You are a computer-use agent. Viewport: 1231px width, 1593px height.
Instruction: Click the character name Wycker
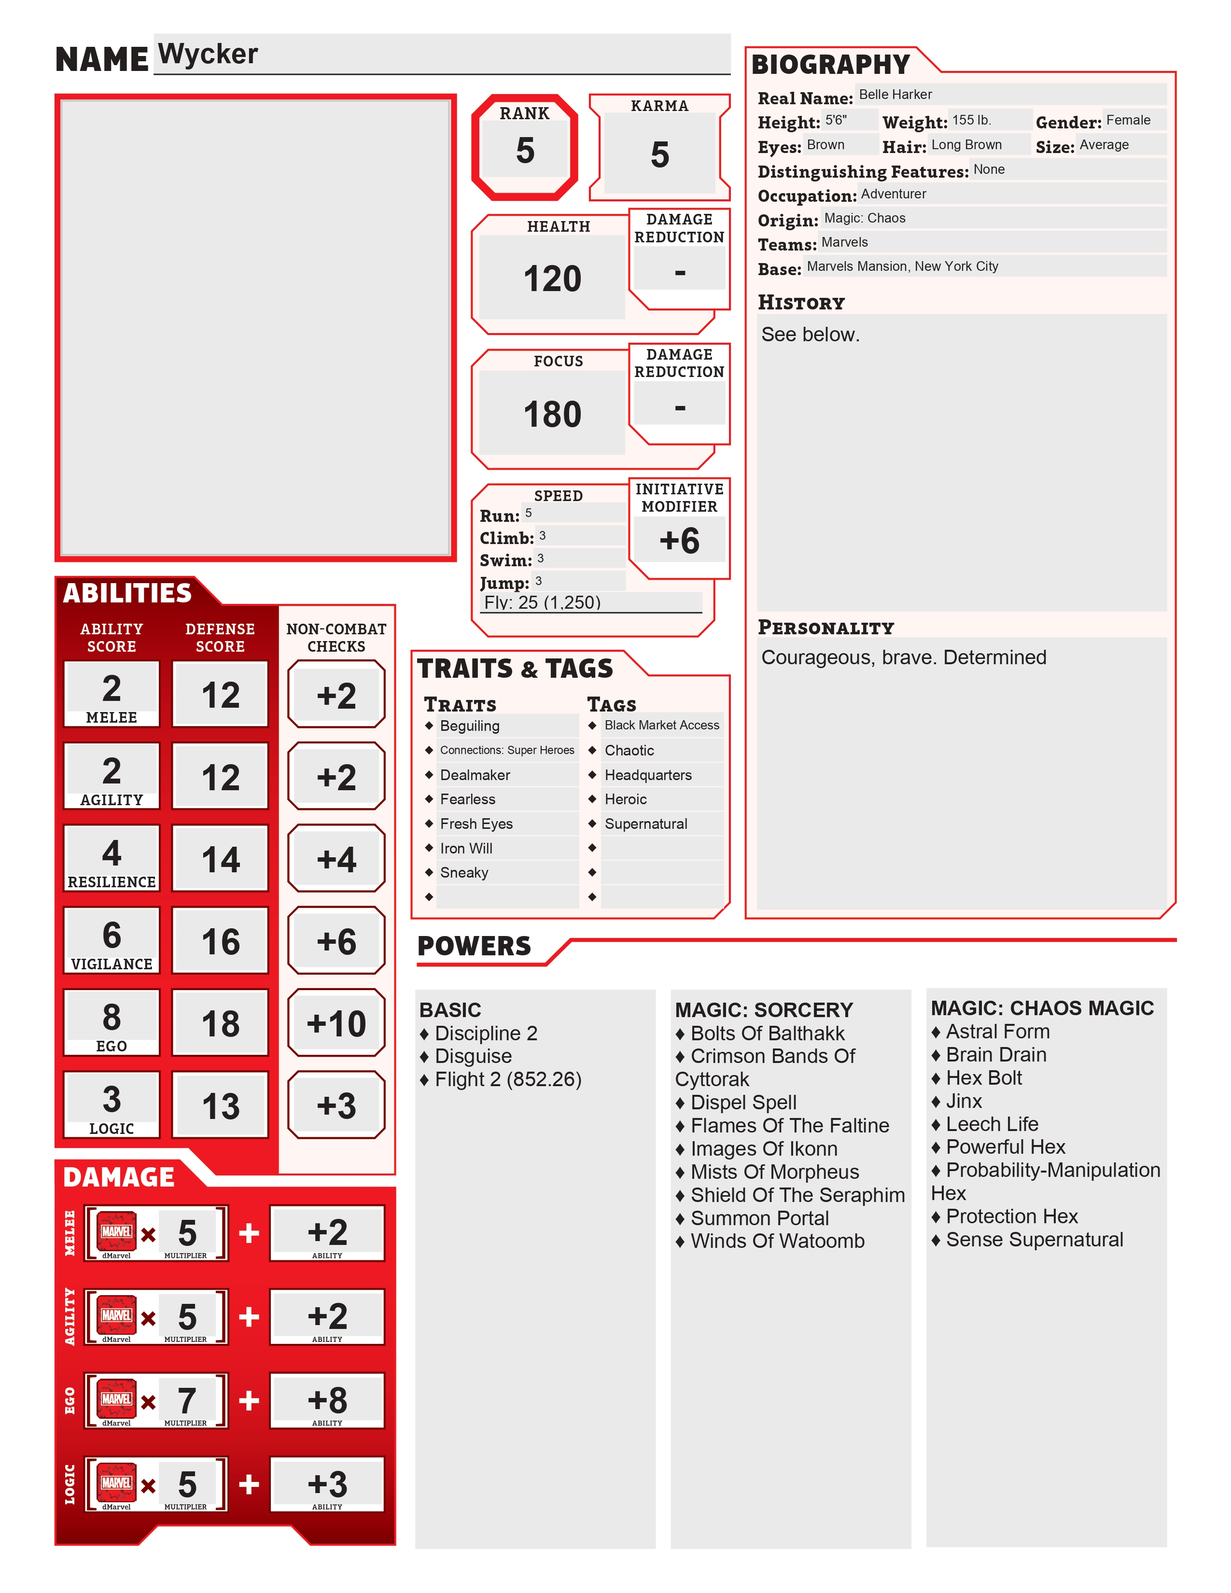(208, 55)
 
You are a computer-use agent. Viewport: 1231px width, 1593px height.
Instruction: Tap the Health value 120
(552, 279)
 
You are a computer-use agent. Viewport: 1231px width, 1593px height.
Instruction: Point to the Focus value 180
(552, 414)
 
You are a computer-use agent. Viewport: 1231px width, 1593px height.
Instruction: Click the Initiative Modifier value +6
(679, 541)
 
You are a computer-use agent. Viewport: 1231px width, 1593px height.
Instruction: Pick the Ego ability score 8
(112, 1017)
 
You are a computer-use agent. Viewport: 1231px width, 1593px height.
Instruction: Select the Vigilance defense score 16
(220, 942)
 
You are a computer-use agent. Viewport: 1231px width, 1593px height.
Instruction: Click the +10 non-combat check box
(336, 1023)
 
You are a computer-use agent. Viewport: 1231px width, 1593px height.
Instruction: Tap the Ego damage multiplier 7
(187, 1400)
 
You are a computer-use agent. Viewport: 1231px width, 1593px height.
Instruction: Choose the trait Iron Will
(466, 848)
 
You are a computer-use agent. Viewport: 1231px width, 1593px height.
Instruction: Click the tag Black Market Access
(661, 725)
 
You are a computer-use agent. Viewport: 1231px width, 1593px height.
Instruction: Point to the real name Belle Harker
(895, 95)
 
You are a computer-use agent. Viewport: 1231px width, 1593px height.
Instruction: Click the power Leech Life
(992, 1124)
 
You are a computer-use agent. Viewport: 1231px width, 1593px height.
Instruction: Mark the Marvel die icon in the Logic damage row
(117, 1483)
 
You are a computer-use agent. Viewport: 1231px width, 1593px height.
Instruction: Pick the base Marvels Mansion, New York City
(902, 266)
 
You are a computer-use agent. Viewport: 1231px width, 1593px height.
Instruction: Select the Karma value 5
(659, 154)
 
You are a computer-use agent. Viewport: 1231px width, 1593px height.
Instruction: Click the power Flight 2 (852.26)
(507, 1079)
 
